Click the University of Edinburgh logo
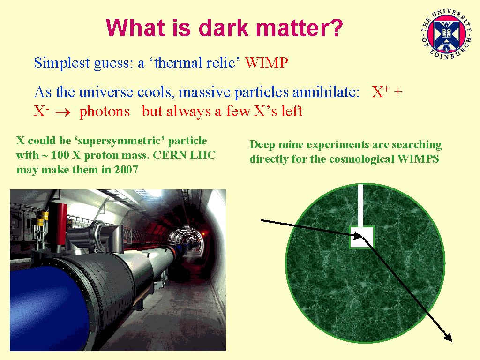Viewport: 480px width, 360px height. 447,34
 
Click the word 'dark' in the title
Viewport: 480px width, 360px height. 224,28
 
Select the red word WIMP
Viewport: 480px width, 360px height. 266,63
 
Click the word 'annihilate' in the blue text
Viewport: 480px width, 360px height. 324,92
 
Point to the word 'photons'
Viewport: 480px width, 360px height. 105,112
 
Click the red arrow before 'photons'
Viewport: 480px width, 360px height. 63,112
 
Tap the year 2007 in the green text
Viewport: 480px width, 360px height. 126,169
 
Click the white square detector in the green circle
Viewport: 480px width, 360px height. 361,237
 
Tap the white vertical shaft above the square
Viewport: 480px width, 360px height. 361,205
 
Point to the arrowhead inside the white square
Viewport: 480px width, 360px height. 358,235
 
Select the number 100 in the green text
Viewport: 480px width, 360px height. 60,155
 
